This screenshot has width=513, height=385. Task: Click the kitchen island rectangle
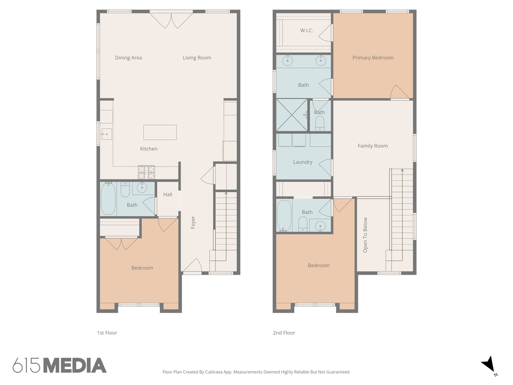point(160,132)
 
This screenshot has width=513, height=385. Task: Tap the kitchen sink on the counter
point(106,134)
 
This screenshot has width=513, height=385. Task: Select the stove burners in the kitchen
point(146,172)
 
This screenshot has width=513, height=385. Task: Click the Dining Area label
point(128,58)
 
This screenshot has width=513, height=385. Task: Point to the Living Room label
point(197,58)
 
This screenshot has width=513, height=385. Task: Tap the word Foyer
point(193,222)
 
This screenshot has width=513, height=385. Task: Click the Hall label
point(168,194)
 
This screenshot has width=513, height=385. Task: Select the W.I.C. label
point(307,31)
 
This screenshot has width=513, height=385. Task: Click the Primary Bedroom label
point(373,58)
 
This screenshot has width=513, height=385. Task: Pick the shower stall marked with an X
point(292,115)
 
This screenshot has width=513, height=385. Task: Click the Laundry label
point(303,162)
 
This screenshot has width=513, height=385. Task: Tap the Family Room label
point(372,146)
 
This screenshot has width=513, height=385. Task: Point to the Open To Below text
point(365,235)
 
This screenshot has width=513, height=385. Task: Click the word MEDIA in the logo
point(75,365)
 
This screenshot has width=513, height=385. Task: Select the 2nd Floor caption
point(284,333)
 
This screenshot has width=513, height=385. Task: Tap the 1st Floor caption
point(107,333)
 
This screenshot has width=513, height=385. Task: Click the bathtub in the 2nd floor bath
point(284,216)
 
